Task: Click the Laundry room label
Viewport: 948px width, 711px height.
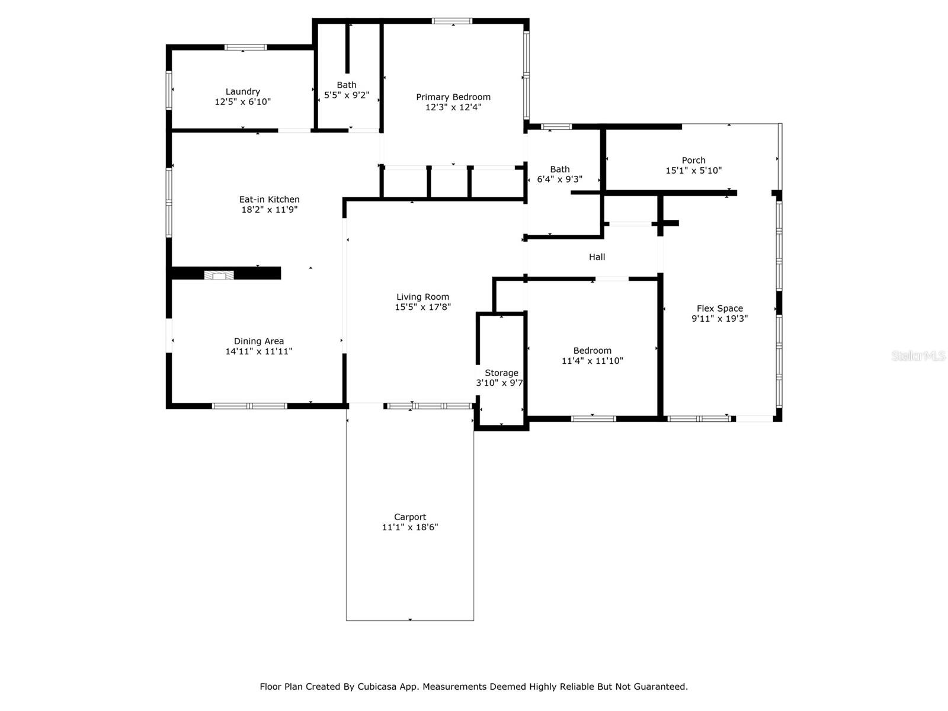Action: coord(243,91)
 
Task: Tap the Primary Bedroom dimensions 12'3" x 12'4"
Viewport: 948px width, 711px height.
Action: coord(453,107)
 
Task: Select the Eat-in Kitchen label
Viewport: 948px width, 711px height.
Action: coord(269,200)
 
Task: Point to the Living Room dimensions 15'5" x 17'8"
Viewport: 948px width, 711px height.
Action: coord(422,307)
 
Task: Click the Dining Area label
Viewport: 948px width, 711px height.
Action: coord(259,341)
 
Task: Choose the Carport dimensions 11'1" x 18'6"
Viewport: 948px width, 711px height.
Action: coord(410,527)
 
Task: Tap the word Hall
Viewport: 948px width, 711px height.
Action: coord(597,257)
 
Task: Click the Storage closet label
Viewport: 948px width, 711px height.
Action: coord(501,373)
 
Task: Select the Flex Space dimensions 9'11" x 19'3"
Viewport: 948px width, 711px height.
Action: coord(719,319)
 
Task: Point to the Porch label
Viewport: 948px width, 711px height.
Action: coord(693,160)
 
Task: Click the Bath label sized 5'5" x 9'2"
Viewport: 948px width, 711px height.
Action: coord(347,85)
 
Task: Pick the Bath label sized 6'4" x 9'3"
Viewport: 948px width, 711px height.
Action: coord(560,169)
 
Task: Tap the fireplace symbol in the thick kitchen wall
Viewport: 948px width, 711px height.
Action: coord(219,275)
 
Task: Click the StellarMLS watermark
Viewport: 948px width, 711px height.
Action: coord(918,355)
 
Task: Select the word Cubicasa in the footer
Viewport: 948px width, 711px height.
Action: coord(377,686)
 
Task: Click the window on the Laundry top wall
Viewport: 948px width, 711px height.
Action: coord(245,47)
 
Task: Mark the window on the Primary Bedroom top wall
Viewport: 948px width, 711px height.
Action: coord(451,21)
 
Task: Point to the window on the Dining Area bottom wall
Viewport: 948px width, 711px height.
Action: coord(249,406)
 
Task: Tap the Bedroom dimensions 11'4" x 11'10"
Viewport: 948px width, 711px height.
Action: coord(592,361)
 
